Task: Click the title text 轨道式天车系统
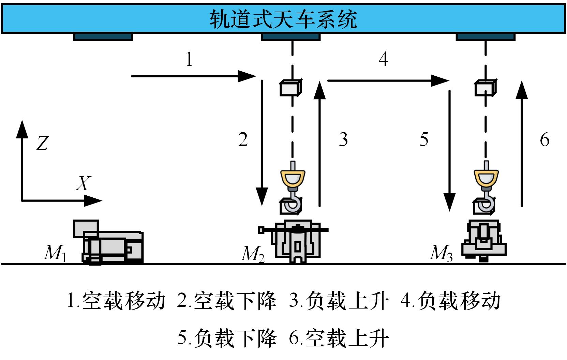[283, 19]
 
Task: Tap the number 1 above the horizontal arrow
[189, 59]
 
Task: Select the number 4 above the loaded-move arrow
[384, 59]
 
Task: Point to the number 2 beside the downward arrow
[243, 139]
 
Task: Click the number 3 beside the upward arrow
[343, 139]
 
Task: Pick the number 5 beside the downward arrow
[424, 139]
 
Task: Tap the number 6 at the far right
[545, 139]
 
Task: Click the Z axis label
[42, 143]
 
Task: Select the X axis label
[83, 183]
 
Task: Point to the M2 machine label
[253, 254]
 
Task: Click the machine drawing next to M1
[108, 242]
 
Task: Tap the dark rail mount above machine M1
[103, 37]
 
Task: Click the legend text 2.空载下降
[227, 301]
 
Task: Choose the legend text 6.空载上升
[339, 338]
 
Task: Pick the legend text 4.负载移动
[450, 301]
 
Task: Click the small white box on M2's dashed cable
[290, 88]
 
